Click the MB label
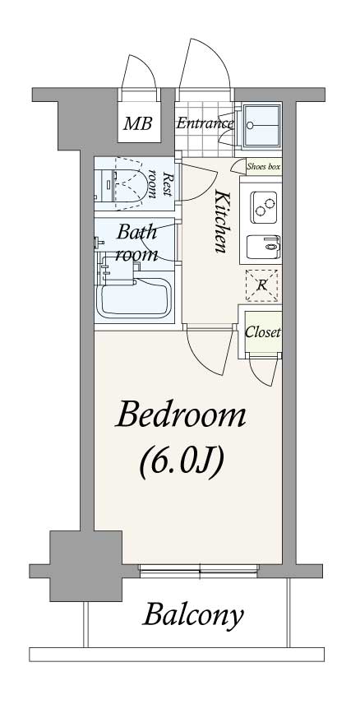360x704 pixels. pyautogui.click(x=138, y=123)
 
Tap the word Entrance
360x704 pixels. pyautogui.click(x=205, y=123)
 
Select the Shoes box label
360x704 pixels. pyautogui.click(x=264, y=167)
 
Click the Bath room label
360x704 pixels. pyautogui.click(x=137, y=243)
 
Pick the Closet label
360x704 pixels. pyautogui.click(x=263, y=333)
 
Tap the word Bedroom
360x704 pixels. pyautogui.click(x=181, y=416)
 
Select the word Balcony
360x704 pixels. pyautogui.click(x=193, y=615)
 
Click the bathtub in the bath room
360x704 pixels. pyautogui.click(x=135, y=299)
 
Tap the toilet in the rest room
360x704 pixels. pyautogui.click(x=129, y=184)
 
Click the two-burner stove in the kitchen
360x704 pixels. pyautogui.click(x=264, y=206)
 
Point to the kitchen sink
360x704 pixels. pyautogui.click(x=264, y=247)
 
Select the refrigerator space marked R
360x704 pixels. pyautogui.click(x=261, y=285)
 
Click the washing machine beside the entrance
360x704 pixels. pyautogui.click(x=261, y=125)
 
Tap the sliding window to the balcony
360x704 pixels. pyautogui.click(x=199, y=569)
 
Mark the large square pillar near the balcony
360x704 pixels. pyautogui.click(x=85, y=566)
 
